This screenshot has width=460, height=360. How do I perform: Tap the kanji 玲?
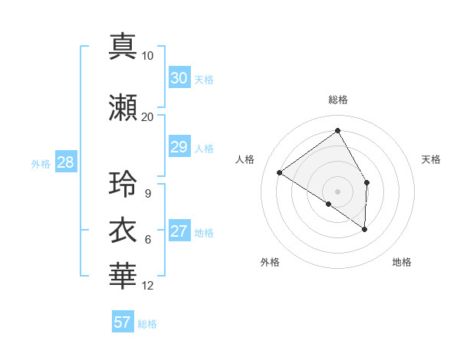123,184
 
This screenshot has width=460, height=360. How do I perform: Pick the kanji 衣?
123,231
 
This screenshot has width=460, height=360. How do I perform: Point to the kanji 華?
123,277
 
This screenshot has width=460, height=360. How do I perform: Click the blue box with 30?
179,78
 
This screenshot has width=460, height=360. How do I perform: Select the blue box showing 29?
179,147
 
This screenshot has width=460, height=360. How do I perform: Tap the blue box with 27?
179,231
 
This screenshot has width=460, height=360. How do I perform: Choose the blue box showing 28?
65,162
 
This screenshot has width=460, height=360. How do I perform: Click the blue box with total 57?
123,322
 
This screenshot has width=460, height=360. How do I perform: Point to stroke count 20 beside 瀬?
147,116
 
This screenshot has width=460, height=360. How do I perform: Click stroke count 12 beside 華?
148,286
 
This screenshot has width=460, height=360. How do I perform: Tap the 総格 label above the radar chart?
337,100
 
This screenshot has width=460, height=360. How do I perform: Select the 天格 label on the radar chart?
431,159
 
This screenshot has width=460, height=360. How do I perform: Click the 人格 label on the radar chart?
245,159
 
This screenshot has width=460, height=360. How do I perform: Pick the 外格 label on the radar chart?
270,262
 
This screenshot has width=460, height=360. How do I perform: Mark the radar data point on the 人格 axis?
279,172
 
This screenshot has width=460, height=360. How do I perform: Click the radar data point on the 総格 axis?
337,130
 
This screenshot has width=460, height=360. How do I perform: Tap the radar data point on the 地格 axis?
365,229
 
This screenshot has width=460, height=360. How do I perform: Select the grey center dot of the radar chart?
337,191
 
